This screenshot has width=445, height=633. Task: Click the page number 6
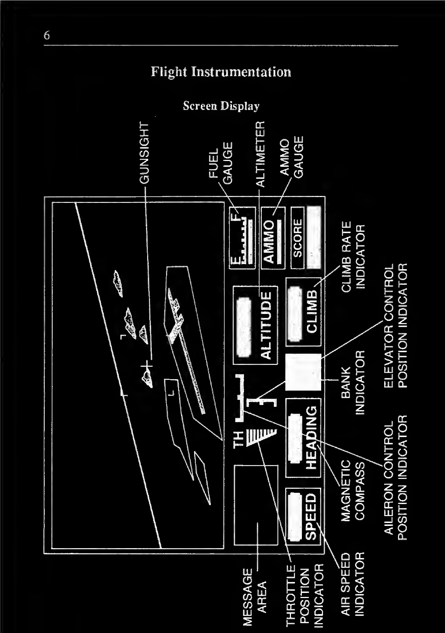[x=47, y=35]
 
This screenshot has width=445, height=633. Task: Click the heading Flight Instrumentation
[x=221, y=72]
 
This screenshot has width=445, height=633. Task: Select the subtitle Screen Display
[x=221, y=106]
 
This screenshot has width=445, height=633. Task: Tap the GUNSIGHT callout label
[x=145, y=153]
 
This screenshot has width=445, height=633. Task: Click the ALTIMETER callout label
[x=261, y=154]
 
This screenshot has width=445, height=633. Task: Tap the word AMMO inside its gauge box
[x=269, y=241]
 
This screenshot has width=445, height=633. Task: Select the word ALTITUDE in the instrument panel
[x=267, y=325]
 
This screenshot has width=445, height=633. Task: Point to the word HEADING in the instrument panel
[x=312, y=437]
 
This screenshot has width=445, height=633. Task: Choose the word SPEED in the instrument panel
[x=312, y=516]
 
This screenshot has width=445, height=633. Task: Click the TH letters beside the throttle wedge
[x=239, y=439]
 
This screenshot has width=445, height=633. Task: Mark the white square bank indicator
[x=303, y=372]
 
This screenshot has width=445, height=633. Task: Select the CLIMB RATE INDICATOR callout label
[x=353, y=256]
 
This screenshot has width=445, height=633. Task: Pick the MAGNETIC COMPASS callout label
[x=353, y=490]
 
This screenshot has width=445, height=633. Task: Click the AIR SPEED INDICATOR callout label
[x=353, y=584]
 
